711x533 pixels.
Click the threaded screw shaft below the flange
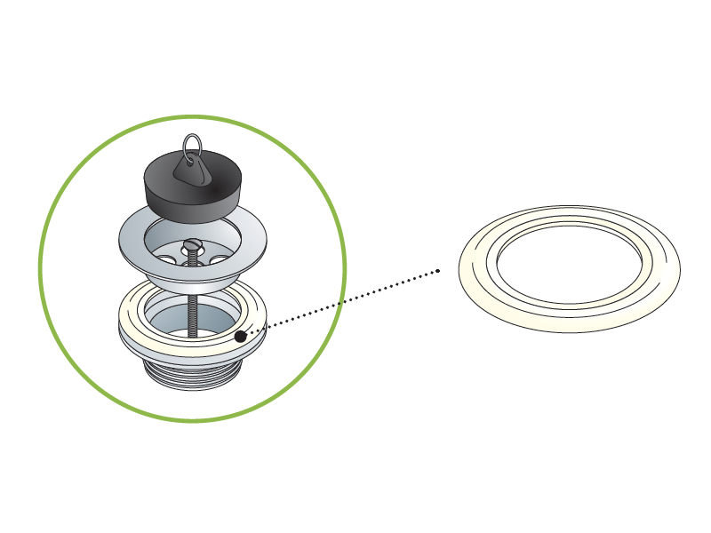click(190, 302)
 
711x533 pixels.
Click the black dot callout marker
click(240, 337)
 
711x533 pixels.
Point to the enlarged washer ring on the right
click(475, 284)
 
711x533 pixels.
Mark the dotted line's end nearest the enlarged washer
click(438, 271)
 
